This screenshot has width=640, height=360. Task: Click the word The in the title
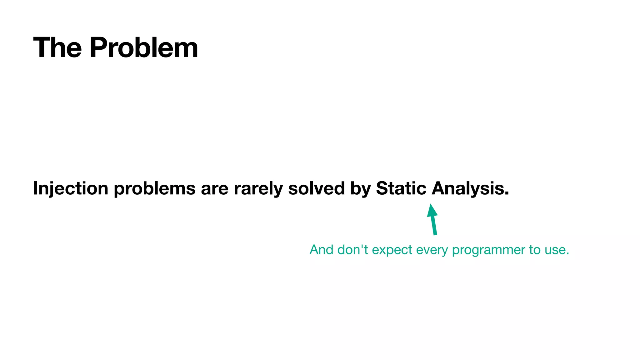[x=57, y=47]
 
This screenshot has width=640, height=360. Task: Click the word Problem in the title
[x=144, y=47]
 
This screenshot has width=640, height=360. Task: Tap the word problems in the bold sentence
[x=154, y=188]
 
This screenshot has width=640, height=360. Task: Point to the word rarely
[x=258, y=188]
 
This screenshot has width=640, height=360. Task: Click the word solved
[x=316, y=188]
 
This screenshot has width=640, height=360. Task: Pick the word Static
[x=401, y=188]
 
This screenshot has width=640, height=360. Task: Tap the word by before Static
[x=360, y=188]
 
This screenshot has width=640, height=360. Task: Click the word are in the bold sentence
[x=214, y=188]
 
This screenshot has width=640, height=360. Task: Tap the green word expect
[x=392, y=250]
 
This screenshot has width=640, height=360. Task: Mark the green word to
[x=535, y=250]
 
